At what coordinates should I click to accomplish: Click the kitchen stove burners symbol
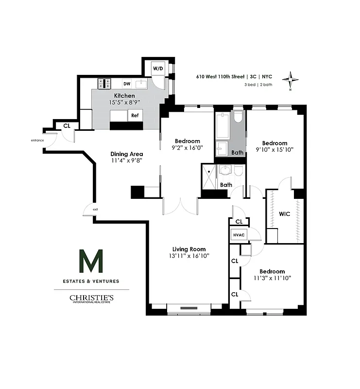[x=104, y=84]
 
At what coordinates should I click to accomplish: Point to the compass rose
[x=291, y=80]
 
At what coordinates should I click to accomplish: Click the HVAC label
[x=239, y=234]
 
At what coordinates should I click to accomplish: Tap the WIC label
[x=284, y=213]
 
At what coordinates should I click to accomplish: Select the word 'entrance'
[x=37, y=141]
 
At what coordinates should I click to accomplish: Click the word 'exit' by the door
[x=96, y=210]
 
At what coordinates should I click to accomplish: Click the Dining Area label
[x=126, y=154]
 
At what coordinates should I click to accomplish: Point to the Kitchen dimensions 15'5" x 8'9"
[x=124, y=103]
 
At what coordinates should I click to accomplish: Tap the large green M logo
[x=91, y=262]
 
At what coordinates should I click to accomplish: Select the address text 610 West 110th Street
[x=220, y=76]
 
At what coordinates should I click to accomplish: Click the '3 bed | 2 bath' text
[x=258, y=85]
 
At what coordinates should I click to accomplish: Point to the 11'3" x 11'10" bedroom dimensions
[x=272, y=278]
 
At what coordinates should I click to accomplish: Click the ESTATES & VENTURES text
[x=91, y=281]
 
